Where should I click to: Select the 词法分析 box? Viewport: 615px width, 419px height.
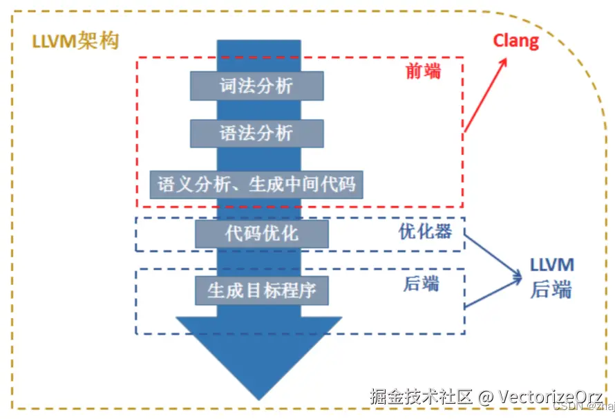point(256,85)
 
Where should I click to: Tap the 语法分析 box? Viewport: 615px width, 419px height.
point(256,133)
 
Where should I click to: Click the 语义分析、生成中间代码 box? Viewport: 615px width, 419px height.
point(256,185)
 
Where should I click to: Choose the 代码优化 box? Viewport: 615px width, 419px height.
point(262,233)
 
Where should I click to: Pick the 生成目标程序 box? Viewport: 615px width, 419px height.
point(262,290)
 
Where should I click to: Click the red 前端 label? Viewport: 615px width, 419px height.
point(423,71)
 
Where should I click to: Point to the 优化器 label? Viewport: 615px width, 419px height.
point(425,232)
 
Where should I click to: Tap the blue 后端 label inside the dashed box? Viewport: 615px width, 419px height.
point(421,283)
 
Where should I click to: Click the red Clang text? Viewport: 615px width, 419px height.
point(515,41)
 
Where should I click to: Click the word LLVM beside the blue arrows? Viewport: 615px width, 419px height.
point(551,266)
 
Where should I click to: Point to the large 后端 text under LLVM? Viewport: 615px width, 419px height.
point(551,290)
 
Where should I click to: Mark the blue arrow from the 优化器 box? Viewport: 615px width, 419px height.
point(492,256)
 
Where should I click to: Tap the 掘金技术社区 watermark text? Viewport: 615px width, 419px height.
point(421,397)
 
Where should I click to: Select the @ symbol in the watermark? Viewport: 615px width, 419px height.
point(486,398)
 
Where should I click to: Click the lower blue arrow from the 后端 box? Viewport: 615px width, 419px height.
point(492,294)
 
